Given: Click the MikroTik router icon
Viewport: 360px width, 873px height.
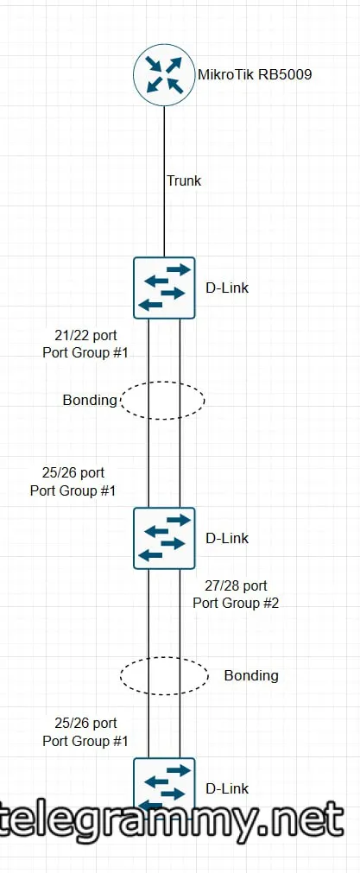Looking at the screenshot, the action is click(164, 75).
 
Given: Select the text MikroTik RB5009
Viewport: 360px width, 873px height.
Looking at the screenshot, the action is click(255, 74).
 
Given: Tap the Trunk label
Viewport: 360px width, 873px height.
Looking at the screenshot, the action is click(184, 180).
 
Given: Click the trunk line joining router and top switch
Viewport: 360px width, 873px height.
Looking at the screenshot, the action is click(164, 181).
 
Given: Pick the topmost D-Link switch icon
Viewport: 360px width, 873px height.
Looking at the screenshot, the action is click(164, 288).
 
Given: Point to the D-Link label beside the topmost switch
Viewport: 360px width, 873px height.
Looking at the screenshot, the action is click(227, 288).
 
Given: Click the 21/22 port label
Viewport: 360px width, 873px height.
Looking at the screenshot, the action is click(85, 336).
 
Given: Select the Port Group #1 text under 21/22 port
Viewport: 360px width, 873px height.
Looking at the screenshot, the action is click(85, 352).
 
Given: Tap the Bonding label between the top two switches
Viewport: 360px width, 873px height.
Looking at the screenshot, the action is click(90, 400).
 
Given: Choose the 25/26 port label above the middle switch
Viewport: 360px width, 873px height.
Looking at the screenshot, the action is click(73, 473).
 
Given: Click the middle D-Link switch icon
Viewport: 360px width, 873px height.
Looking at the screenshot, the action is click(164, 538).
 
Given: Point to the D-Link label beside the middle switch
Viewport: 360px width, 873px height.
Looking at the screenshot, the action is click(227, 538).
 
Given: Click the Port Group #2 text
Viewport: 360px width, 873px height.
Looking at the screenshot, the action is click(236, 603).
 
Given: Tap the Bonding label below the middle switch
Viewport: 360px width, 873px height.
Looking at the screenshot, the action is click(251, 675).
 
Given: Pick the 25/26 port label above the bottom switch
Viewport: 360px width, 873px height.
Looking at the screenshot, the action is click(85, 724).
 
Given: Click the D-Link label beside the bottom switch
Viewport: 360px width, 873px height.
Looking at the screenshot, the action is click(227, 788).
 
